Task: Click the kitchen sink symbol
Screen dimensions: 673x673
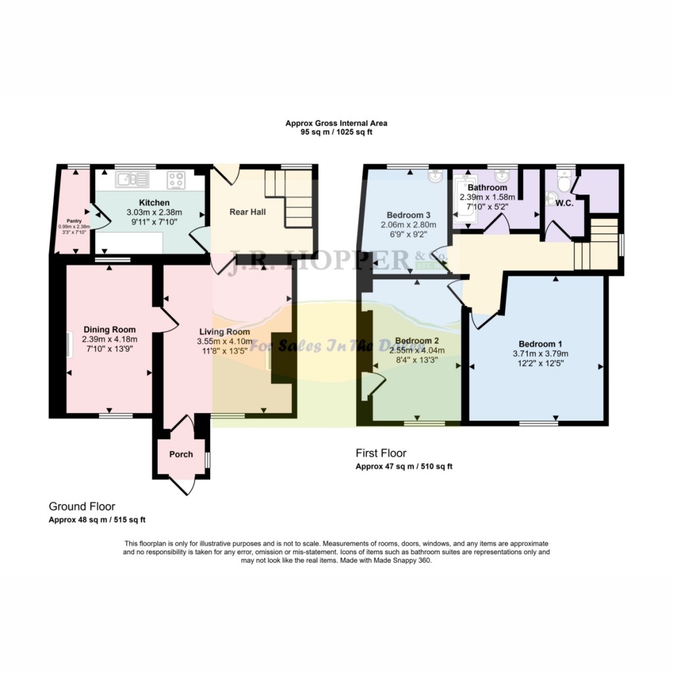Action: coord(128,178)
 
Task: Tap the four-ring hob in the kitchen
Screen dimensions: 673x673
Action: coord(175,179)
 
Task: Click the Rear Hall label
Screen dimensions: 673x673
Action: coord(246,212)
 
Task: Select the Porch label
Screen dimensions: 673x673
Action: coord(181,454)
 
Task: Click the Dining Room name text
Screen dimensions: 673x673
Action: coord(109,329)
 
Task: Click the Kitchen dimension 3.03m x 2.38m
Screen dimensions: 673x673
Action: coord(154,212)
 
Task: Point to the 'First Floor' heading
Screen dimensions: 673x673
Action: coord(381,453)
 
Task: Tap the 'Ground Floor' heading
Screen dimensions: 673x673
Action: coord(81,506)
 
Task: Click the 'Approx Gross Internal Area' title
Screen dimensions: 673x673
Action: coord(336,123)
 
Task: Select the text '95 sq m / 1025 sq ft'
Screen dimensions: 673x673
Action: coord(336,132)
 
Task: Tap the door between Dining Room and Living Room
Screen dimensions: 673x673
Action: coord(168,319)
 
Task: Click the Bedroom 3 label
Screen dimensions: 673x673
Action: coord(408,215)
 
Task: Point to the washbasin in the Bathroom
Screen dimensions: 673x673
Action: coord(502,177)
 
